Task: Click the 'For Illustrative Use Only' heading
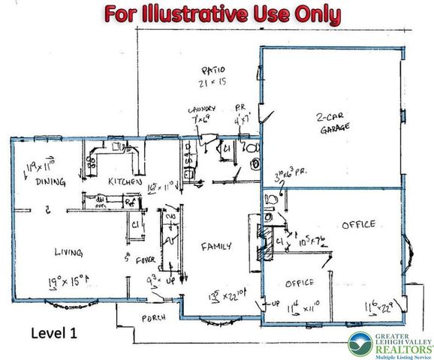[x=222, y=14]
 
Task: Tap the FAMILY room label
[x=215, y=245]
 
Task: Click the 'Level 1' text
[x=57, y=331]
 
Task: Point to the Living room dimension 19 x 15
[x=68, y=282]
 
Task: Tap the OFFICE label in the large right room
[x=357, y=224]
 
